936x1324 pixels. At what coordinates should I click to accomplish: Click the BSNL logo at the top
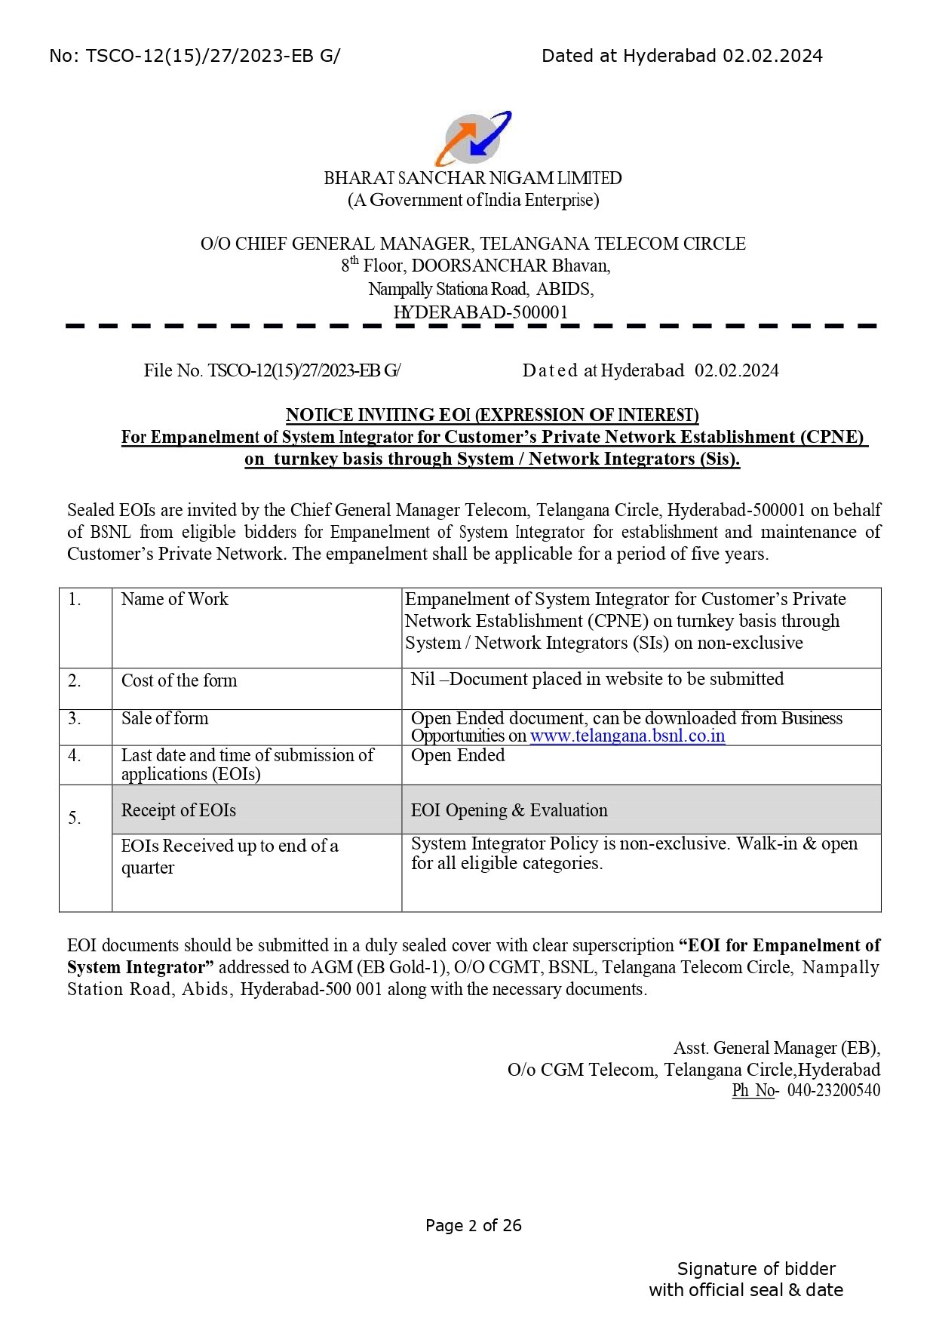coord(473,139)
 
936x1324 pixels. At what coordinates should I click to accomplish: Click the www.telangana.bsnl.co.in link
coord(627,736)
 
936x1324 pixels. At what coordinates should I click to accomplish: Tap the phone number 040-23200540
coord(833,1090)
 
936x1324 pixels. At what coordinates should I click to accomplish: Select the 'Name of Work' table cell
coord(174,600)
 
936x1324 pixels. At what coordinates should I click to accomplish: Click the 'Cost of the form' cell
coord(179,680)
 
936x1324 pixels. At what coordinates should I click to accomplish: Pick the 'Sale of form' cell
coord(164,719)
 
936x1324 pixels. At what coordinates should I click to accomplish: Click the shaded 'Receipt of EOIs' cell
coord(179,810)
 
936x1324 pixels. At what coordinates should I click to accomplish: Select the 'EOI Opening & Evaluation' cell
coord(509,810)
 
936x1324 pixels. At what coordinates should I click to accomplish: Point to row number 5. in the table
coord(75,818)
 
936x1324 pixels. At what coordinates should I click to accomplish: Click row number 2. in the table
coord(75,680)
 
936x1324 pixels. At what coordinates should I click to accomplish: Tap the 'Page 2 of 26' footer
coord(473,1225)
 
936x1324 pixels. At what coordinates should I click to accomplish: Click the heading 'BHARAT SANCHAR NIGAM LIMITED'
coord(473,179)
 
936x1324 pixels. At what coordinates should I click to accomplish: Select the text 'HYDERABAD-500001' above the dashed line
coord(480,312)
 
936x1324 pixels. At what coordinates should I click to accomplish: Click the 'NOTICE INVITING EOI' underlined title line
coord(492,416)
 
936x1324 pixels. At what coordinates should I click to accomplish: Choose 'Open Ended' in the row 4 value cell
coord(458,756)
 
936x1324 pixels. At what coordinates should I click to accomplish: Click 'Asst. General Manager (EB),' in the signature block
coord(776,1048)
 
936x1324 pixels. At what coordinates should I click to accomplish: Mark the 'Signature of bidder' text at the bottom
coord(756,1269)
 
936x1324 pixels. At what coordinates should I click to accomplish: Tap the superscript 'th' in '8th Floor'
coord(354,261)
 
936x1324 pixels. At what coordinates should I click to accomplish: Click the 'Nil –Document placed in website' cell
coord(597,680)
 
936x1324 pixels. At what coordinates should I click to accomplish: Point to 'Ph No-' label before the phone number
coord(754,1090)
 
